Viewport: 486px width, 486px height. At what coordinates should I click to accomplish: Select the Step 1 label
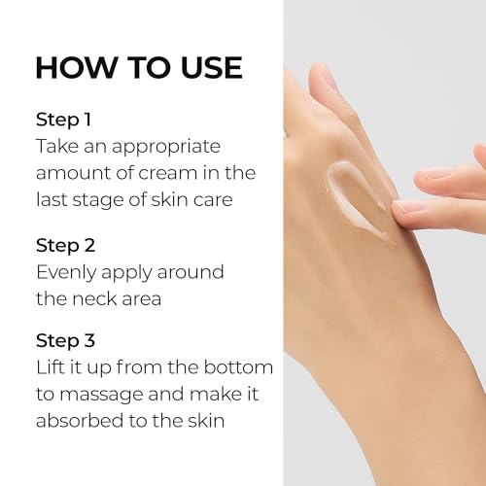(65, 120)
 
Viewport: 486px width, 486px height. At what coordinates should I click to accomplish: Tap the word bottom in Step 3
(242, 368)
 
